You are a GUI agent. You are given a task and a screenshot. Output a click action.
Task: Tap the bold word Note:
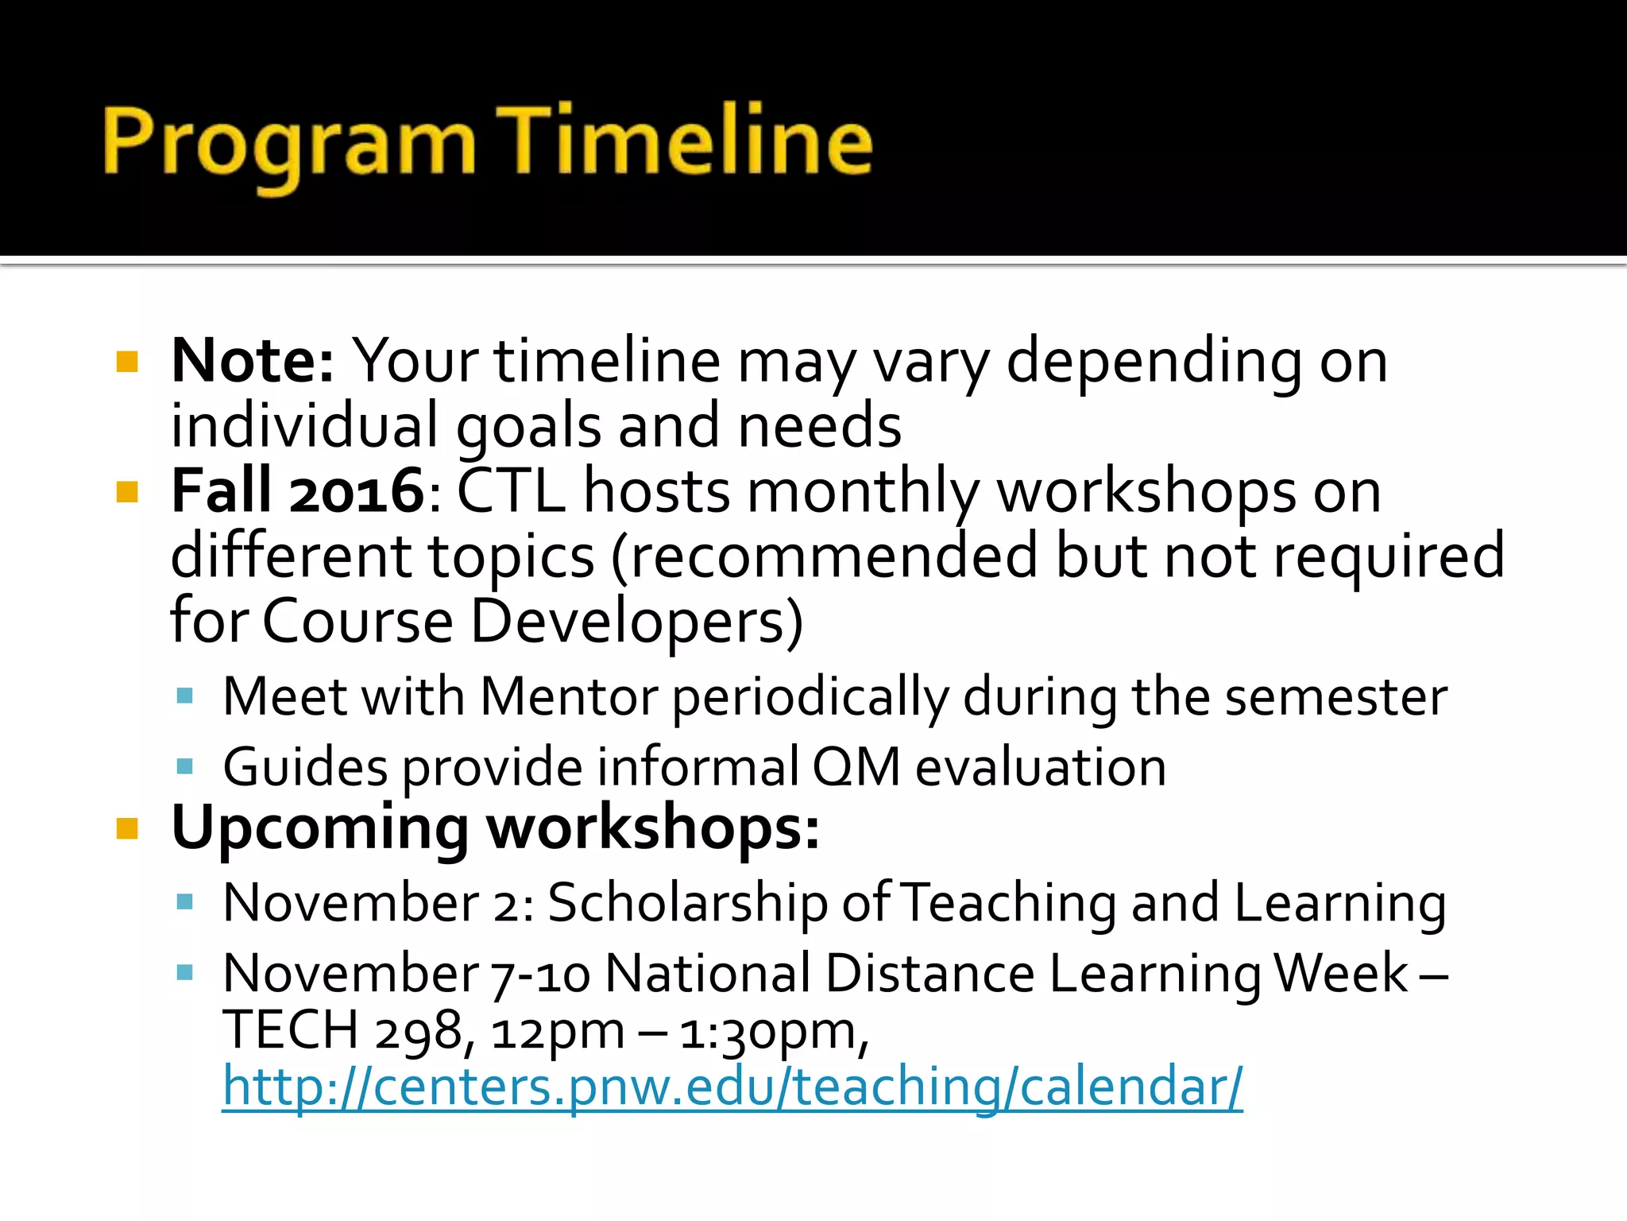253,362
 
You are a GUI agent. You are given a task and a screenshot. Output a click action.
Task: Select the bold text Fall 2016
299,491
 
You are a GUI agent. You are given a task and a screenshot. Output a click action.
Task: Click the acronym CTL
511,491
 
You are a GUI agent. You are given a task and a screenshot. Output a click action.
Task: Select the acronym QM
856,768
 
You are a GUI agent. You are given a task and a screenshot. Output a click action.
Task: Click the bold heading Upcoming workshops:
495,829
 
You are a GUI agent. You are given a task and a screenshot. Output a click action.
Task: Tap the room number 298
418,1031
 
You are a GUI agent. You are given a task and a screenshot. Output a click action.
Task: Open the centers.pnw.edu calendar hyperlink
732,1087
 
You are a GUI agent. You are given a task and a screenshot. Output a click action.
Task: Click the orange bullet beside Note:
127,362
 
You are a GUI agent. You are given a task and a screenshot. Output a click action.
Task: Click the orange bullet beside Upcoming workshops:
127,829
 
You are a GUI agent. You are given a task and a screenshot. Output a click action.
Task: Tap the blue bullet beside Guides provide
185,767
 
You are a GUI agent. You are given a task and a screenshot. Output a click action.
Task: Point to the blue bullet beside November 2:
185,902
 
